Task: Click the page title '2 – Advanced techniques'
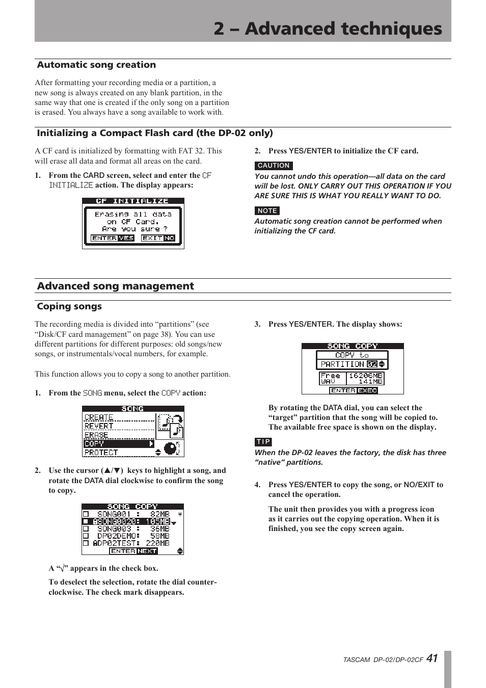click(x=328, y=29)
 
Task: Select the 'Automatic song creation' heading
click(x=96, y=65)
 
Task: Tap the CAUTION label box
click(x=274, y=166)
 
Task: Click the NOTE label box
click(x=267, y=210)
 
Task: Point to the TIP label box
click(x=263, y=442)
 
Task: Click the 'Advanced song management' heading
click(x=115, y=286)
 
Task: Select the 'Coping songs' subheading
click(x=69, y=306)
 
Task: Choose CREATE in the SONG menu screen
click(x=99, y=417)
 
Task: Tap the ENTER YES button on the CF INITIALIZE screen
click(x=112, y=238)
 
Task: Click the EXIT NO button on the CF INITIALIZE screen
click(x=158, y=238)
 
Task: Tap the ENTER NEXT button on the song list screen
click(x=133, y=551)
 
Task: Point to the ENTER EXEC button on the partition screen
click(x=354, y=390)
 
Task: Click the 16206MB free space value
click(x=365, y=375)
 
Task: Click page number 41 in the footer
click(x=432, y=658)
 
